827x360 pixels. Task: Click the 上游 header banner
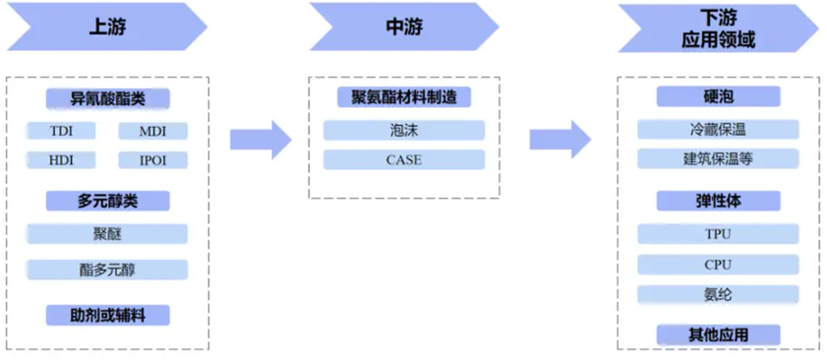click(x=103, y=28)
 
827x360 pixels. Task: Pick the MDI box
click(x=152, y=131)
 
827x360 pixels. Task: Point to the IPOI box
click(x=152, y=159)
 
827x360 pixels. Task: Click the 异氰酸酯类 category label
click(x=107, y=98)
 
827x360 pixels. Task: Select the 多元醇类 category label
click(x=107, y=201)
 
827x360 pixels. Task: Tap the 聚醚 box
click(x=107, y=234)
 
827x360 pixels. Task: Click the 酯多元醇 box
click(x=107, y=269)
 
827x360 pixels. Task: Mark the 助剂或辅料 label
click(x=107, y=315)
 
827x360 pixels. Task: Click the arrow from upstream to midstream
click(x=261, y=140)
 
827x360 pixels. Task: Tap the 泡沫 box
click(x=403, y=130)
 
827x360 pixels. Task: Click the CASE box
click(x=403, y=159)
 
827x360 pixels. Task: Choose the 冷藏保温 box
click(x=718, y=129)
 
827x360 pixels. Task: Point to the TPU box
click(x=718, y=234)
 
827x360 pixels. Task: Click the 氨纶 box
click(x=718, y=294)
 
